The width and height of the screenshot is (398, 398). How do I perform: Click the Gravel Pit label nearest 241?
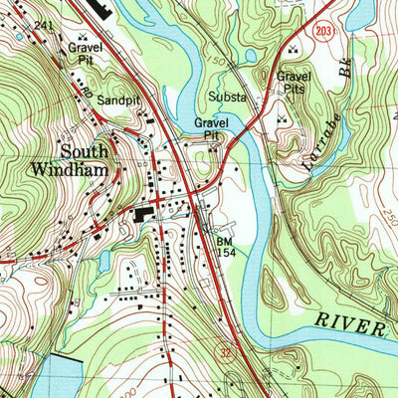[83, 54]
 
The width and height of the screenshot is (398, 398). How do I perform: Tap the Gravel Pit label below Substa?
[212, 128]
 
